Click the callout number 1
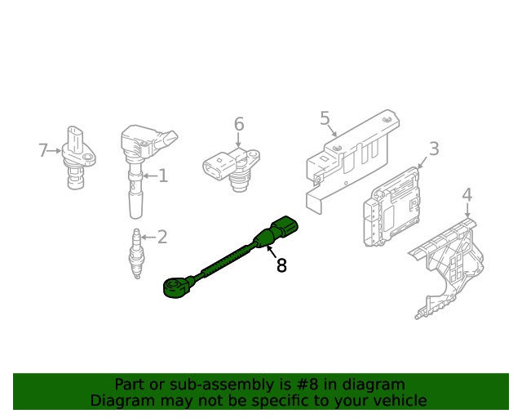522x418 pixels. click(x=163, y=176)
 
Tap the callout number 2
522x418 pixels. click(x=162, y=237)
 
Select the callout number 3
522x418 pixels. click(x=434, y=149)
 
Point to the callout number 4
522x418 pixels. click(x=467, y=195)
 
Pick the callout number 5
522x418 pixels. click(x=325, y=118)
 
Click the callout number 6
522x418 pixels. click(x=239, y=124)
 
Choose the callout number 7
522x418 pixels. click(x=43, y=150)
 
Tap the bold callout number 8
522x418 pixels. click(x=281, y=265)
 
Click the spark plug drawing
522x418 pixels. click(x=136, y=253)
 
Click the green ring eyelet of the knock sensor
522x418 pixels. click(x=174, y=287)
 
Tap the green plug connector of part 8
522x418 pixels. click(x=285, y=226)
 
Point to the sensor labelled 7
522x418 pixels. click(x=78, y=157)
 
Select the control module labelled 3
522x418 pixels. click(x=391, y=207)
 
